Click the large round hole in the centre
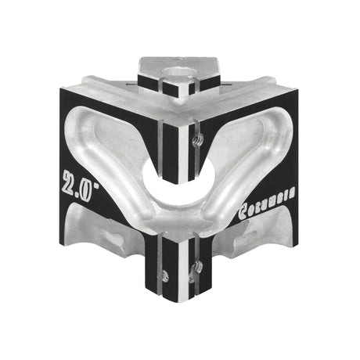coord(180,182)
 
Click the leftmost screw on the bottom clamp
coord(166,274)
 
